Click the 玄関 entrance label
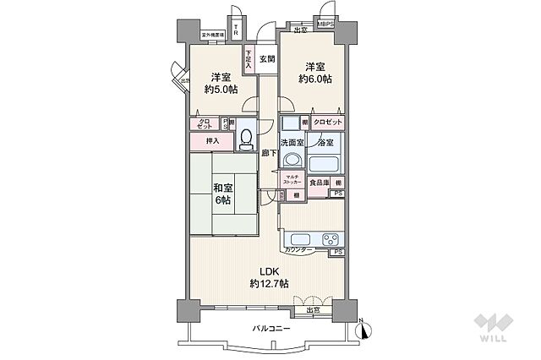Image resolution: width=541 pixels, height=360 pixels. tap(267, 58)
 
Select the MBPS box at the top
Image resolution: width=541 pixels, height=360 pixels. tap(326, 25)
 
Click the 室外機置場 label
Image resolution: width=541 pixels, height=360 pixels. tap(212, 35)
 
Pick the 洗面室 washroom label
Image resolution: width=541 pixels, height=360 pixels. tap(292, 143)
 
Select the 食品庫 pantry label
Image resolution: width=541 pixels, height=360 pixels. tap(318, 183)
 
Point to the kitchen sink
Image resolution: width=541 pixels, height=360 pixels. tap(298, 238)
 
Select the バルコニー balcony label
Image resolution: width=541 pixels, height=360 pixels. tap(270, 328)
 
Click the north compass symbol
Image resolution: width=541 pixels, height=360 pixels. tap(361, 330)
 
